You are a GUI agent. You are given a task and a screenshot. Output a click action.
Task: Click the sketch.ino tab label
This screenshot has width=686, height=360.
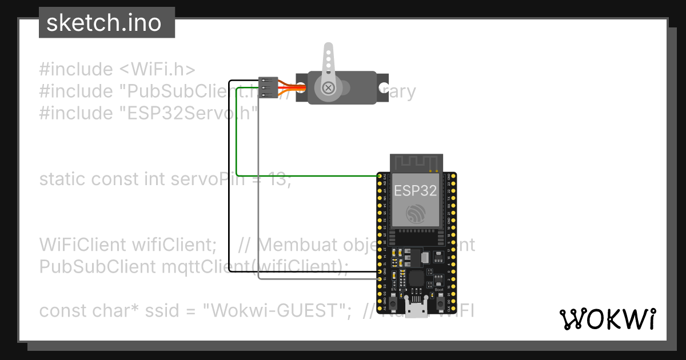point(103,23)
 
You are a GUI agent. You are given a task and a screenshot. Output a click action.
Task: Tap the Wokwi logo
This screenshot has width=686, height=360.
point(607,319)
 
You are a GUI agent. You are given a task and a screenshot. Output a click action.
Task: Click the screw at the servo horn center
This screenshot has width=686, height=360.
point(328,87)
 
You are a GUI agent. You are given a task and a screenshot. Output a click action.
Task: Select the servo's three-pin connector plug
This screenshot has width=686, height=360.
point(268,87)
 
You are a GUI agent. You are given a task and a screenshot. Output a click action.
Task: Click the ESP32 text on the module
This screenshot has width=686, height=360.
point(415,190)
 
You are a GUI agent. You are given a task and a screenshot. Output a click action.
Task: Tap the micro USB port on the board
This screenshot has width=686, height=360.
point(415,311)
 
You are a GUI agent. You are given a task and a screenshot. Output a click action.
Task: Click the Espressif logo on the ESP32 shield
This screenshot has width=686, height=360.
point(415,214)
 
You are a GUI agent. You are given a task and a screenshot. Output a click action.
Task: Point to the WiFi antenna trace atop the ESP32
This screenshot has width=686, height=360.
point(415,162)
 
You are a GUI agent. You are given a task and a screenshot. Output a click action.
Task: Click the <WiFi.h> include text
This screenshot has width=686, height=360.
point(157,70)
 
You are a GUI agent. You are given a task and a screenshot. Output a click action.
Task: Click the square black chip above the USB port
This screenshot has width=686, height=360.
point(416,279)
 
